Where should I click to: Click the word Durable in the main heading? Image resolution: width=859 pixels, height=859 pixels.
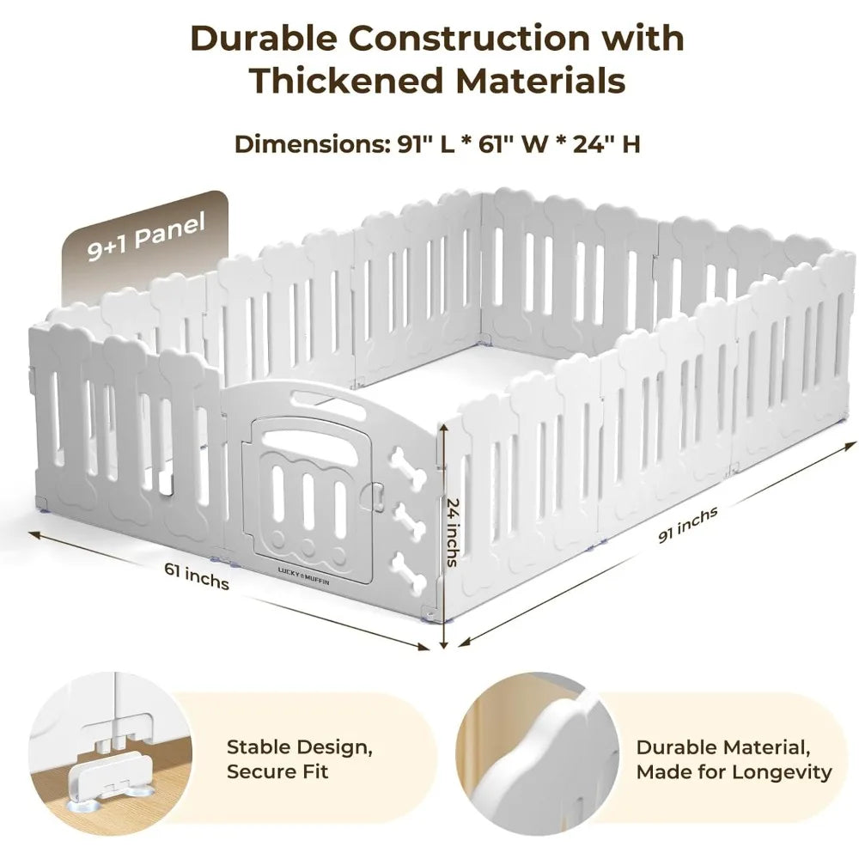pyautogui.click(x=264, y=39)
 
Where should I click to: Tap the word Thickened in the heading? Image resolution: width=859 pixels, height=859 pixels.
pyautogui.click(x=345, y=81)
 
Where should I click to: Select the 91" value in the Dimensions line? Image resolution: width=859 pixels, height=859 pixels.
pyautogui.click(x=412, y=144)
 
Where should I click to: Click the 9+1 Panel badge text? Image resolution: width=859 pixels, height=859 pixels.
pyautogui.click(x=146, y=236)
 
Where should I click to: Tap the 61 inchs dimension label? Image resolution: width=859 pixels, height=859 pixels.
pyautogui.click(x=197, y=576)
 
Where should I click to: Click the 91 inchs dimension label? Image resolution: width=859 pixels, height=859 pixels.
pyautogui.click(x=687, y=525)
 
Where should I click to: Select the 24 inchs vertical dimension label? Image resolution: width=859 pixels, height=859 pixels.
pyautogui.click(x=453, y=532)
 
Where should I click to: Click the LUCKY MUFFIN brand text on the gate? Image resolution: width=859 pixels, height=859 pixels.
pyautogui.click(x=303, y=576)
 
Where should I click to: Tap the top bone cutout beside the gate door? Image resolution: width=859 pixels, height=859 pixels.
pyautogui.click(x=407, y=467)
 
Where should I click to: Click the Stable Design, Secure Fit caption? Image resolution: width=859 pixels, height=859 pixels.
pyautogui.click(x=300, y=758)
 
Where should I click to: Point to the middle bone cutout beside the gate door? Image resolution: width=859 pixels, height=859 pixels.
pyautogui.click(x=409, y=520)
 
